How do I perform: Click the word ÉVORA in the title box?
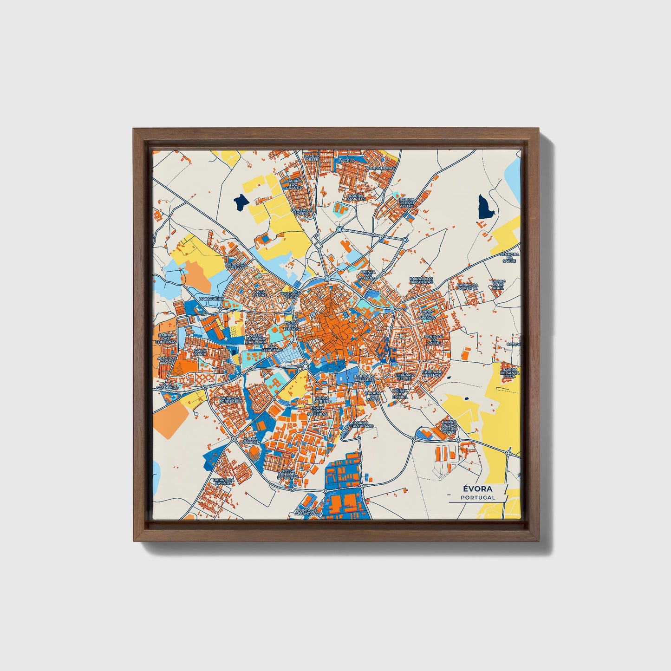477,489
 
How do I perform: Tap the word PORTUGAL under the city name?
478,497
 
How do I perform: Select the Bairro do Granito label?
294,184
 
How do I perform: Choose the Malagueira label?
211,299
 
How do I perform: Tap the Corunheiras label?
381,168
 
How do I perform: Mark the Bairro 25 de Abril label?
498,284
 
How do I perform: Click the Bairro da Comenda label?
467,287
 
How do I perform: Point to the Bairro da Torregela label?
231,400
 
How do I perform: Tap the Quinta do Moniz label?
251,441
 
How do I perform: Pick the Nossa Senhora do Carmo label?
287,474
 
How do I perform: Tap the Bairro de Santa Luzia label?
509,372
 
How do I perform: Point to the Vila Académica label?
167,385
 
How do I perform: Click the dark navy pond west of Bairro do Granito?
240,202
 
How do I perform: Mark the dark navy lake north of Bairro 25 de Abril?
486,207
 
